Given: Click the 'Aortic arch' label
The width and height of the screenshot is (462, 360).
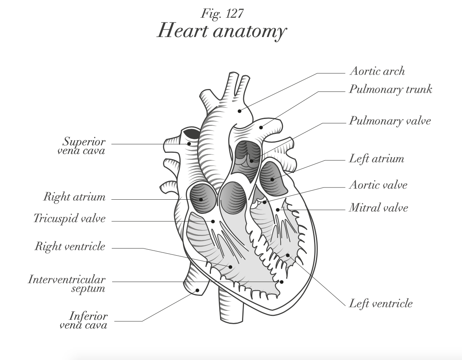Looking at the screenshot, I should click(x=377, y=71).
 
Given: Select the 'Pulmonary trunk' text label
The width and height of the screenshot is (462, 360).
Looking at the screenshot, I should click(x=390, y=89).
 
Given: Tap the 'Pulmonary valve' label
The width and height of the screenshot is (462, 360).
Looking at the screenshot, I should click(x=390, y=121).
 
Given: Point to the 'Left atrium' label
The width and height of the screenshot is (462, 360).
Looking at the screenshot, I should click(x=376, y=159).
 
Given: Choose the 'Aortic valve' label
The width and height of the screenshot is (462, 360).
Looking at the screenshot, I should click(x=378, y=185).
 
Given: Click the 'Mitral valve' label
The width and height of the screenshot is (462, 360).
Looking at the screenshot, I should click(x=378, y=208).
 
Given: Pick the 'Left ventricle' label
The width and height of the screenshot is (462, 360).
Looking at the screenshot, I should click(x=381, y=304).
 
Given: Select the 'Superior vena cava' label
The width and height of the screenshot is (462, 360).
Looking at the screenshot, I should click(x=84, y=146).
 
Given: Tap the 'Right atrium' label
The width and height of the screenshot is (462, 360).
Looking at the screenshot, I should click(x=74, y=197).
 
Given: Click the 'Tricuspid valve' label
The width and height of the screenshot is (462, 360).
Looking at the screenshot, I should click(x=70, y=218).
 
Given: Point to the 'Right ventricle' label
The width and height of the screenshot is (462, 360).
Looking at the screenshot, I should click(x=70, y=247).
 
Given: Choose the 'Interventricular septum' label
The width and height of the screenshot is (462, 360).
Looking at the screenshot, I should click(x=67, y=284).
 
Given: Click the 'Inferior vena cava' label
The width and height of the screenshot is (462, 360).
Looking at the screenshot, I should click(x=83, y=320).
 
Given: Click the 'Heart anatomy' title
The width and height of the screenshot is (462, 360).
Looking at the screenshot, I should click(x=222, y=31).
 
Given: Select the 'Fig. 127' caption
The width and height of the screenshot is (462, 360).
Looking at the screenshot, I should click(x=222, y=14).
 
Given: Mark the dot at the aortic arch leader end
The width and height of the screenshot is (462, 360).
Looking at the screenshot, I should click(x=239, y=111).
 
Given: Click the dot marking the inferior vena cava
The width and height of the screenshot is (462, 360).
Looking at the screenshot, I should click(x=198, y=291).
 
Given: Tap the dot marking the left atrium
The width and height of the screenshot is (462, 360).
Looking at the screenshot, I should click(x=272, y=180).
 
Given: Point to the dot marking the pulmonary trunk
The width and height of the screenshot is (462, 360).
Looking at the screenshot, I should click(x=261, y=127).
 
